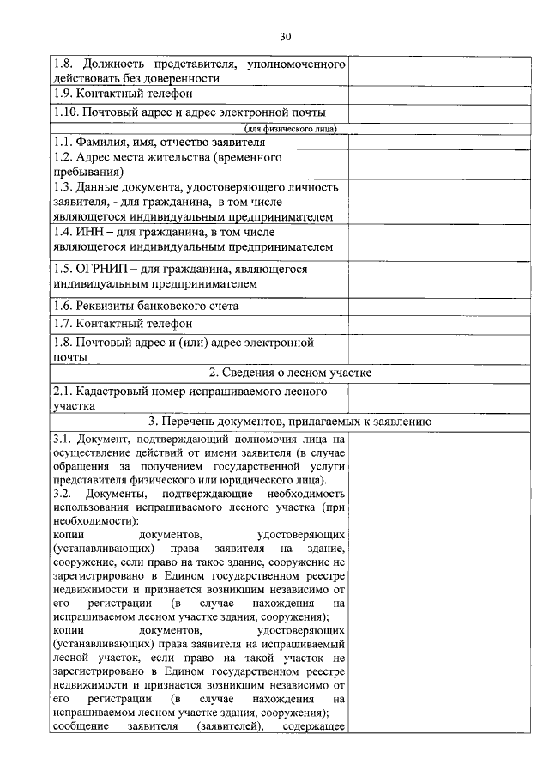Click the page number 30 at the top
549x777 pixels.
point(286,36)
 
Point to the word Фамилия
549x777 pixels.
point(106,142)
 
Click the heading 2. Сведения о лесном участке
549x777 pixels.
point(290,373)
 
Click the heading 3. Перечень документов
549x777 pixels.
point(290,421)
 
